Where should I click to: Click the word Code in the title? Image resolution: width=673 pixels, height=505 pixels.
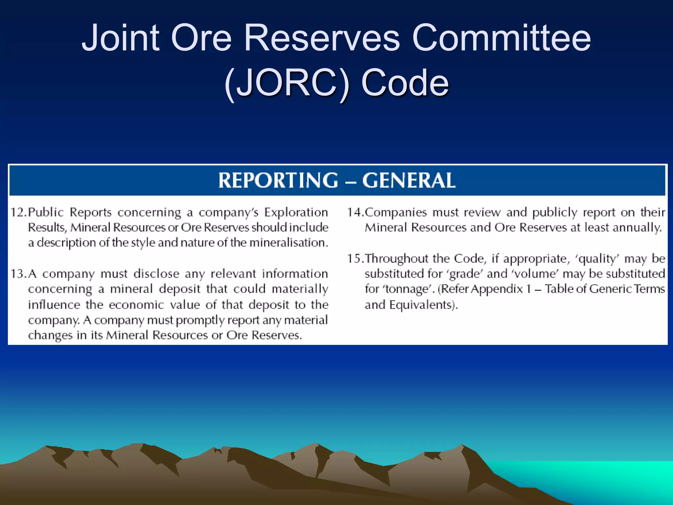pyautogui.click(x=405, y=83)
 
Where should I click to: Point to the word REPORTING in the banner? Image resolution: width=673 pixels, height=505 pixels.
pyautogui.click(x=278, y=180)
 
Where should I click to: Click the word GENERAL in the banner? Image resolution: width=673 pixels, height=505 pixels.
pyautogui.click(x=409, y=180)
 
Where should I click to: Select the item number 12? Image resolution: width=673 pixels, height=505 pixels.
pyautogui.click(x=18, y=212)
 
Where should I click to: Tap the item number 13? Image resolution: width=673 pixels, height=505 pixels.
pyautogui.click(x=18, y=274)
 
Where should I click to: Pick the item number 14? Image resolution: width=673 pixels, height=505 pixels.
pyautogui.click(x=356, y=212)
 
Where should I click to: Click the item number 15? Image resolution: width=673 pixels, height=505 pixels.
pyautogui.click(x=356, y=258)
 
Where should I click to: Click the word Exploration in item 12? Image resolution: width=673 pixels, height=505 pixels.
pyautogui.click(x=296, y=212)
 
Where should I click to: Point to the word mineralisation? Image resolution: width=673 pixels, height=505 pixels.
pyautogui.click(x=289, y=243)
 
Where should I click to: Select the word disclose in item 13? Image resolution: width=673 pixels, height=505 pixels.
pyautogui.click(x=156, y=274)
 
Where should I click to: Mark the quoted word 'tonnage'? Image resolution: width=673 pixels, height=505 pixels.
pyautogui.click(x=407, y=289)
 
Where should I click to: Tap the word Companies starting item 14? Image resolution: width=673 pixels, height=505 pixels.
pyautogui.click(x=396, y=212)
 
